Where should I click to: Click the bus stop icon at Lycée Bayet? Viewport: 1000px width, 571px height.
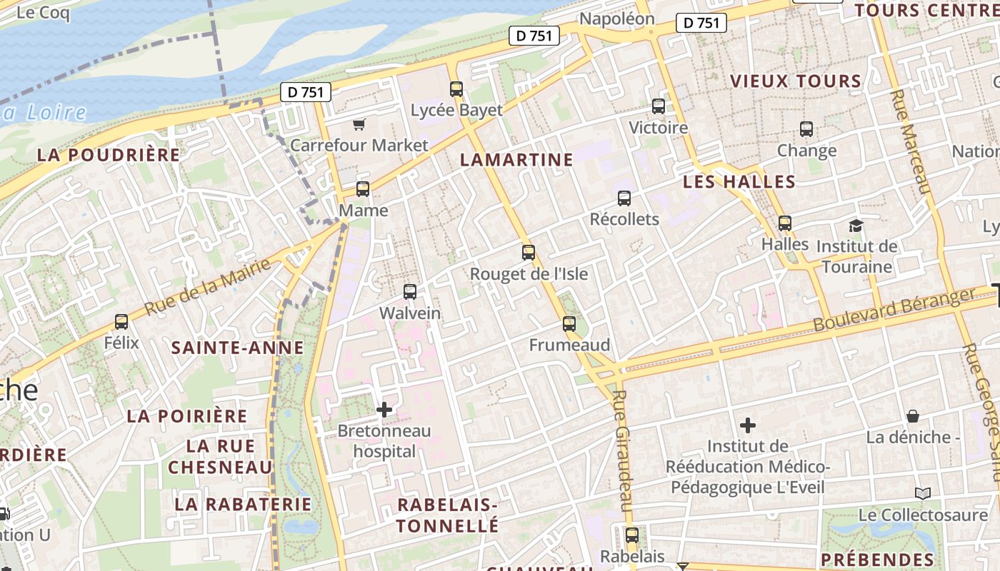[456, 89]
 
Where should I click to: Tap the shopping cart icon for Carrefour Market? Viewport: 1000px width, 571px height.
[359, 125]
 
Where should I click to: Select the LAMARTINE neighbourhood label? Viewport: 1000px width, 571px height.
[516, 160]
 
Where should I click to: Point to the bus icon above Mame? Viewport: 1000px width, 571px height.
[363, 189]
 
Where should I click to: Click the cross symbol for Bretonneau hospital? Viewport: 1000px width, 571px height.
[384, 410]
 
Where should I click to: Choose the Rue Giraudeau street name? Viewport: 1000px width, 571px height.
[620, 450]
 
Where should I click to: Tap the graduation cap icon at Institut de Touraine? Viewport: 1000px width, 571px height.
[856, 226]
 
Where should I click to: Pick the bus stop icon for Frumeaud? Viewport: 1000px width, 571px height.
[569, 324]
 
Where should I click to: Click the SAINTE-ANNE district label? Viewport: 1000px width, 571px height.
[238, 348]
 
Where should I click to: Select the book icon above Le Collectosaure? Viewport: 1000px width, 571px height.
[923, 493]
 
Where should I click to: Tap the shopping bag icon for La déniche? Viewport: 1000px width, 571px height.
[913, 416]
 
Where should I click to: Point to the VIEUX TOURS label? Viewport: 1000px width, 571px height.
[796, 81]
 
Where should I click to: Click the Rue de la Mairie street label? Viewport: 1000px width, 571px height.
[208, 287]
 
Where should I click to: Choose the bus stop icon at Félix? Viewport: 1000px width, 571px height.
[121, 322]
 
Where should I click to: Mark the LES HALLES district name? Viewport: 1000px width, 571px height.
[739, 182]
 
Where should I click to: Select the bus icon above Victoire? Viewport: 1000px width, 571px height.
[659, 106]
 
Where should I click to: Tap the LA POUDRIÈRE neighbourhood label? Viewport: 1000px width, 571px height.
[109, 155]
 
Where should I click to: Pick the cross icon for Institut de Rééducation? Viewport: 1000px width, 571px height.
[748, 426]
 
